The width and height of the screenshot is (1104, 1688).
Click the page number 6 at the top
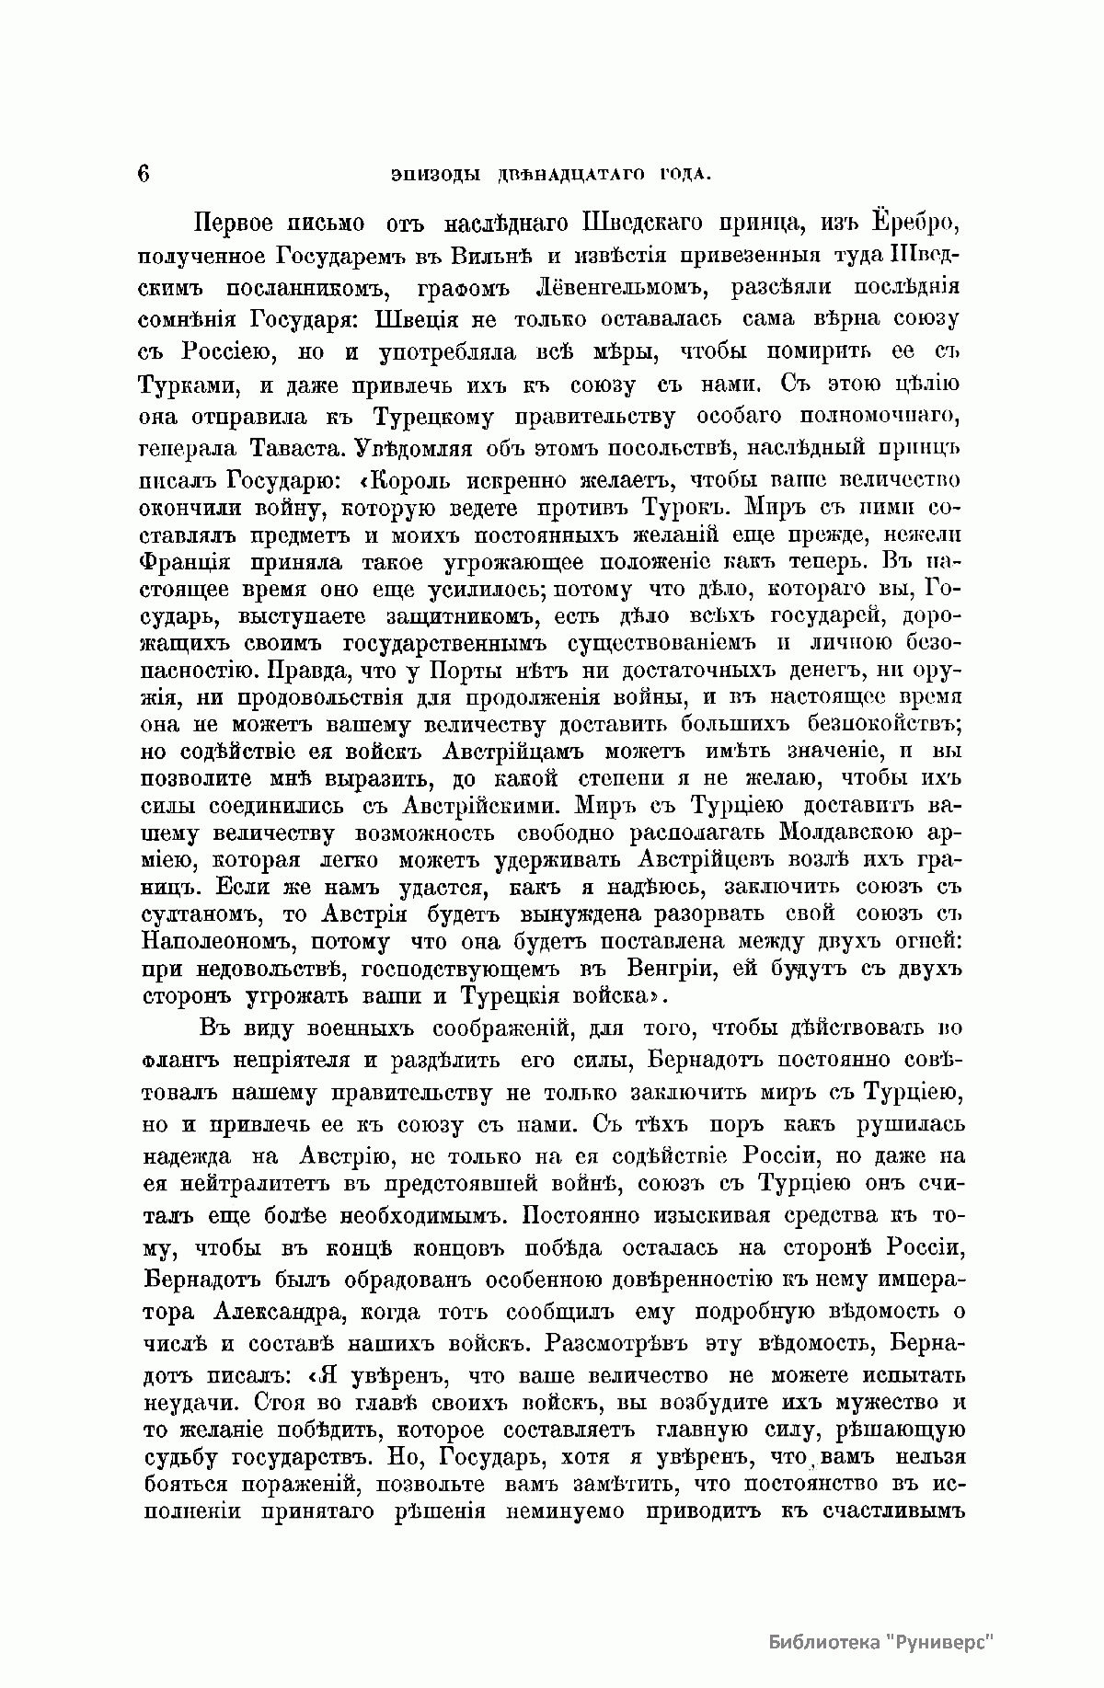tap(144, 174)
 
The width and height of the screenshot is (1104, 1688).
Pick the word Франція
tap(190, 560)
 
